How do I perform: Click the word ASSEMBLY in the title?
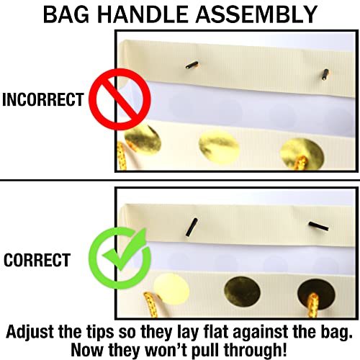pyautogui.click(x=256, y=14)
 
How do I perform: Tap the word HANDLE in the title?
pyautogui.click(x=143, y=14)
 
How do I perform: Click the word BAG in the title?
pyautogui.click(x=66, y=14)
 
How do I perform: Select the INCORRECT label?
pyautogui.click(x=43, y=99)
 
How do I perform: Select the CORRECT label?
pyautogui.click(x=37, y=260)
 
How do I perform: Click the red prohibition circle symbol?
pyautogui.click(x=120, y=99)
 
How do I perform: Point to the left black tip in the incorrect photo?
pyautogui.click(x=192, y=65)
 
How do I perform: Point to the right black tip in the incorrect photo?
pyautogui.click(x=325, y=74)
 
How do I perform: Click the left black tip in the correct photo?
pyautogui.click(x=192, y=227)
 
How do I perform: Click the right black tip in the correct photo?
pyautogui.click(x=319, y=226)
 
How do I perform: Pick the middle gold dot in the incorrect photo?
pyautogui.click(x=219, y=148)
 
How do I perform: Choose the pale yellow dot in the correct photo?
pyautogui.click(x=171, y=289)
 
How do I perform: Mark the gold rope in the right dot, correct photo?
pyautogui.click(x=313, y=305)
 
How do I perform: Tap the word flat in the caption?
pyautogui.click(x=216, y=332)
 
